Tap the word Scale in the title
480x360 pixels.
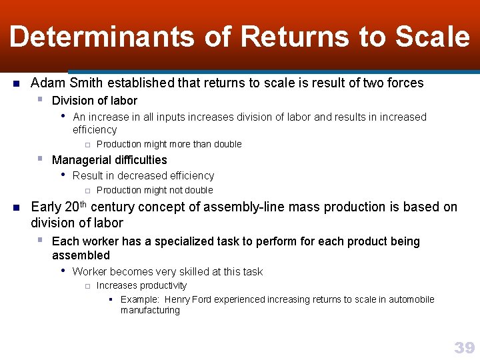[x=433, y=37]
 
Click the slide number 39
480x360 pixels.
[x=464, y=347]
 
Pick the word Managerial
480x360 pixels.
[x=80, y=160]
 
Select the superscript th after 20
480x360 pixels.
[x=86, y=203]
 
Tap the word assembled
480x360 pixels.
[x=81, y=255]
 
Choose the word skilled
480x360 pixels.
[x=191, y=272]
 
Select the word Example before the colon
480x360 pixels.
[x=139, y=299]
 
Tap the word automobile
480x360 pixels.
[x=409, y=299]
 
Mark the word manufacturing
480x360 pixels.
[x=150, y=310]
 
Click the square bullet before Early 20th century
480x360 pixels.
[x=16, y=207]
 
